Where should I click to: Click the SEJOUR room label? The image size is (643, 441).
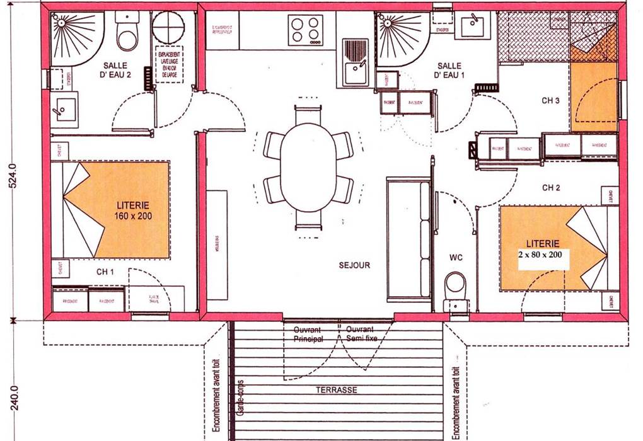[x=354, y=265]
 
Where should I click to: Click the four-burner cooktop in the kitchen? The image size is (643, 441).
[x=306, y=29]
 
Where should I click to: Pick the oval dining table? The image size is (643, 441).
[x=308, y=166]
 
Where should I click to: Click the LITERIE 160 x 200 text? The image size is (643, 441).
[x=133, y=210]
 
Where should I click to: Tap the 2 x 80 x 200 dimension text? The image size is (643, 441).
[x=543, y=255]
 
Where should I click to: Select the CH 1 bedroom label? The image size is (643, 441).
[x=105, y=272]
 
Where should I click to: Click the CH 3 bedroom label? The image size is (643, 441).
[x=551, y=100]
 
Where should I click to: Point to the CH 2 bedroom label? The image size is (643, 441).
[x=551, y=188]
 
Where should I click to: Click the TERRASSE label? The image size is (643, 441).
[x=337, y=391]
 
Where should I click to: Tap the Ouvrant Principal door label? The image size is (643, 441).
[x=307, y=334]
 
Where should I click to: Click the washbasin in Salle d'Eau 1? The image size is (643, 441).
[x=472, y=26]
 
